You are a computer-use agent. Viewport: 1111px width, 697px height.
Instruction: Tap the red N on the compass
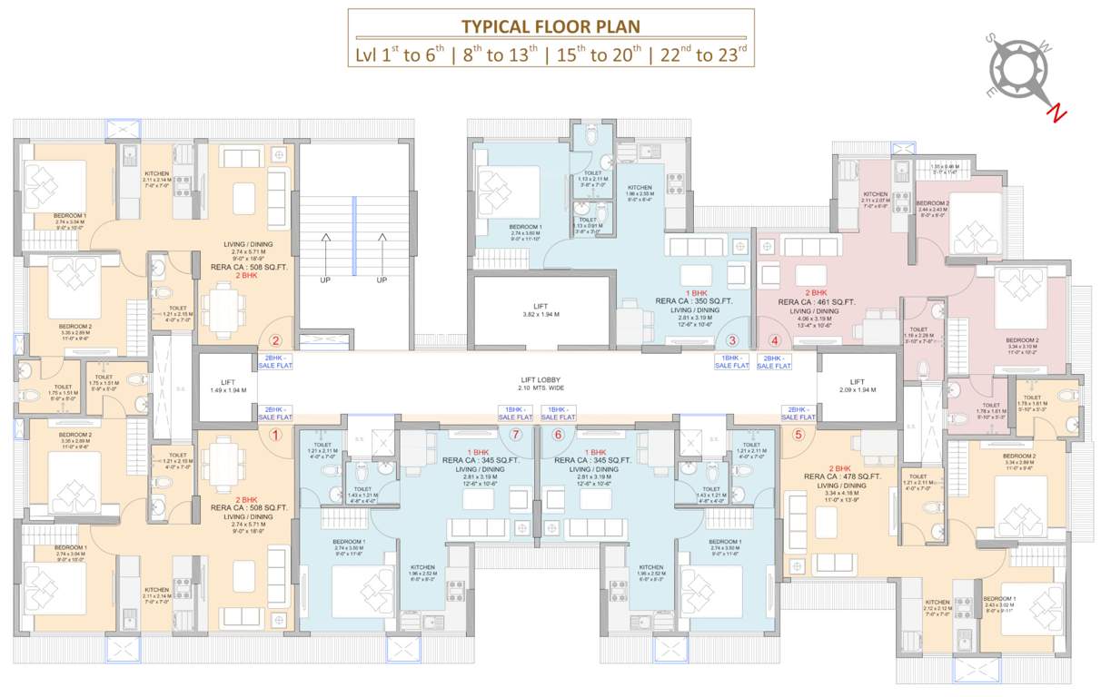point(1056,113)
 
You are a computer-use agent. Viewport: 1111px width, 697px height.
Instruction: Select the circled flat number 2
point(276,341)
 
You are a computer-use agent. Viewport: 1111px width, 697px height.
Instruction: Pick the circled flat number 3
point(732,341)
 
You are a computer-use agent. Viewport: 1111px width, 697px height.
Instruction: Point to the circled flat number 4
point(775,341)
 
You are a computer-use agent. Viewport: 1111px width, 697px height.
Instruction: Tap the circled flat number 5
point(799,435)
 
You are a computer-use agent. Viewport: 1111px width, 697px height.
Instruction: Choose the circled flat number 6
point(558,435)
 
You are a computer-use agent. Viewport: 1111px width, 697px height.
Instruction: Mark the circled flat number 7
point(515,435)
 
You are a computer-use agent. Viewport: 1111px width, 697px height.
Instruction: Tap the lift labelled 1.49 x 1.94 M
point(223,388)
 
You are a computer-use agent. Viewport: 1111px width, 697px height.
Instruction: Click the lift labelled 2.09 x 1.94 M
point(857,388)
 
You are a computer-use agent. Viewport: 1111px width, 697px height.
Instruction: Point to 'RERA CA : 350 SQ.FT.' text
point(696,301)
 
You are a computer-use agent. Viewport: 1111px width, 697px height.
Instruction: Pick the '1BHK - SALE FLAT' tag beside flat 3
point(732,362)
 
